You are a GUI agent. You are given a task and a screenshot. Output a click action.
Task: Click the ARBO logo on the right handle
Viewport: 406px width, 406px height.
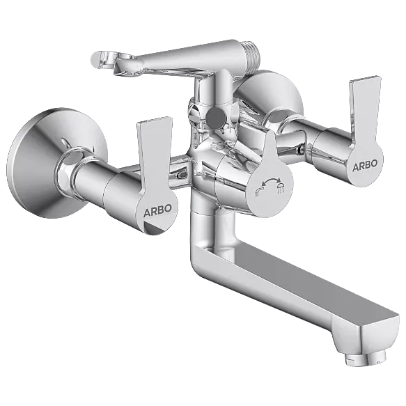pyautogui.click(x=365, y=166)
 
